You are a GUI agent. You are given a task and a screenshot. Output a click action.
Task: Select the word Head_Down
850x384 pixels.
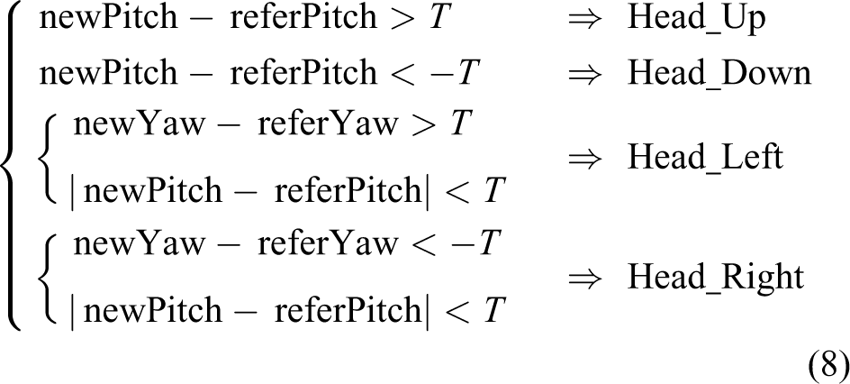(719, 73)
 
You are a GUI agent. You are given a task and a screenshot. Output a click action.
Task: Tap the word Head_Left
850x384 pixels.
(705, 158)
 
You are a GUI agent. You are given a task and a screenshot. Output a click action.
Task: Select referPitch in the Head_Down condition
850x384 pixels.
(303, 73)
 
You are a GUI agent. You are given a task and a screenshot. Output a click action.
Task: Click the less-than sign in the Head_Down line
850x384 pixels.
(402, 74)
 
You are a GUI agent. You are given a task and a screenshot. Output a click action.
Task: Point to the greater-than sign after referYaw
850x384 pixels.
(423, 124)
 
